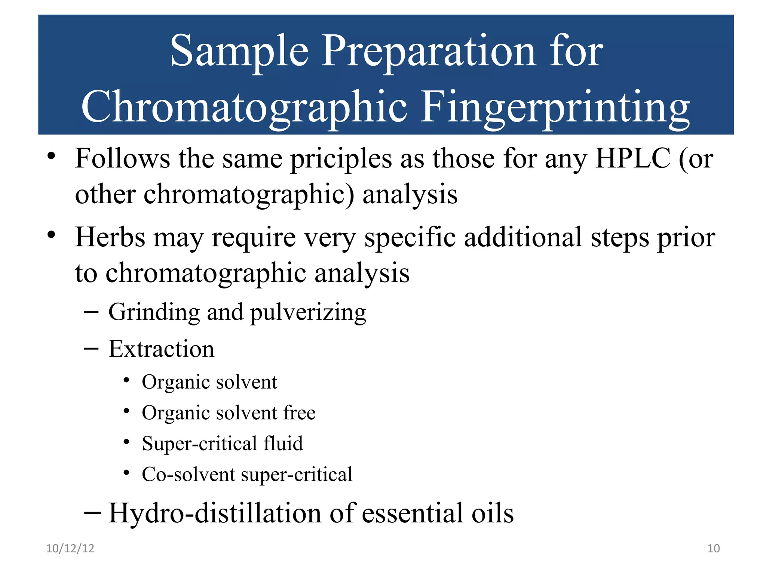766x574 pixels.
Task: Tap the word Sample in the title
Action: coord(239,51)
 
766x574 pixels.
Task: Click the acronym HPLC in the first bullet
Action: coord(632,158)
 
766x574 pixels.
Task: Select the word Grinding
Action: coord(154,312)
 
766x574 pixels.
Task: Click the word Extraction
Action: coord(161,349)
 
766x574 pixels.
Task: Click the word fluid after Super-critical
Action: coord(283,444)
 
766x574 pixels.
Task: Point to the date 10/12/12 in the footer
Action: coord(70,548)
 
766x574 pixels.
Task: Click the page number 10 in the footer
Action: coord(713,548)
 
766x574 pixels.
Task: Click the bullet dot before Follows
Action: coord(51,156)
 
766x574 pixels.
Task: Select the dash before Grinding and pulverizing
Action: coord(91,311)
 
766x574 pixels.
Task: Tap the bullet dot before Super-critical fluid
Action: coord(126,442)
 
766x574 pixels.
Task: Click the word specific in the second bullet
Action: coord(410,238)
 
